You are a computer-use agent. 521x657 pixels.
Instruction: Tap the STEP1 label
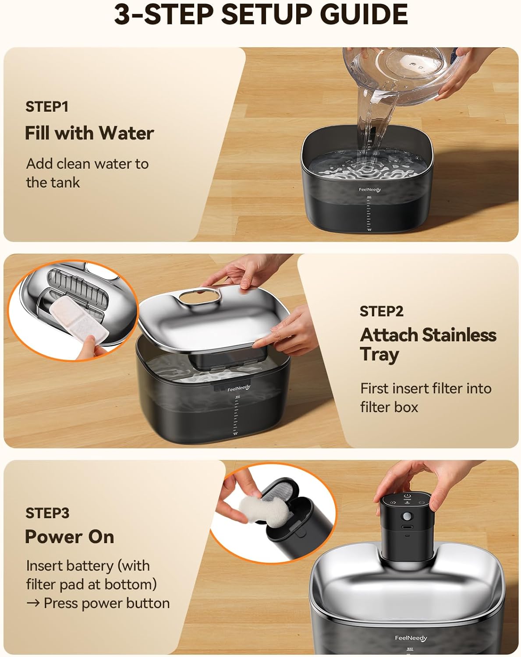tap(47, 107)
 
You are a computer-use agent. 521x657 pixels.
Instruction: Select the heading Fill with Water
tap(89, 133)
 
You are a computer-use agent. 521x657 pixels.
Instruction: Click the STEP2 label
tap(382, 311)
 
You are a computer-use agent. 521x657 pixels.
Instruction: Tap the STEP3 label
tap(47, 513)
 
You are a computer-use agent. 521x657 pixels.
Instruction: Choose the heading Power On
tap(70, 537)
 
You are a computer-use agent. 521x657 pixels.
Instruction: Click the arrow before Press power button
tap(33, 603)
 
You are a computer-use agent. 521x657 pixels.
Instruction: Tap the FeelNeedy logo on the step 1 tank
tap(370, 190)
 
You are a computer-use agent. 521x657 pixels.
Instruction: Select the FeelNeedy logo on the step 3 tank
tap(411, 638)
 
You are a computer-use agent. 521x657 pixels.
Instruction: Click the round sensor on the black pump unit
tap(408, 516)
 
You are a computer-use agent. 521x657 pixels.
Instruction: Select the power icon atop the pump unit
tap(408, 496)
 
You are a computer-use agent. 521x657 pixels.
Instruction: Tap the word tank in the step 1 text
tap(66, 183)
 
